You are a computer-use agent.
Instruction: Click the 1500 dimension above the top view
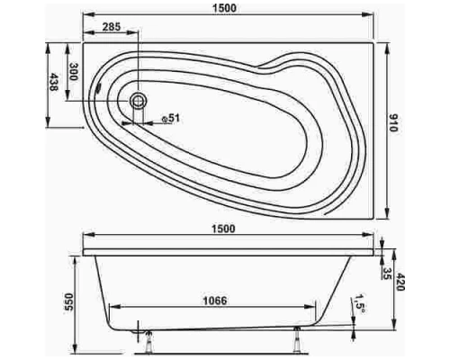[231, 7]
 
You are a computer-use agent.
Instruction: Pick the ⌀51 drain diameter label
[173, 118]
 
